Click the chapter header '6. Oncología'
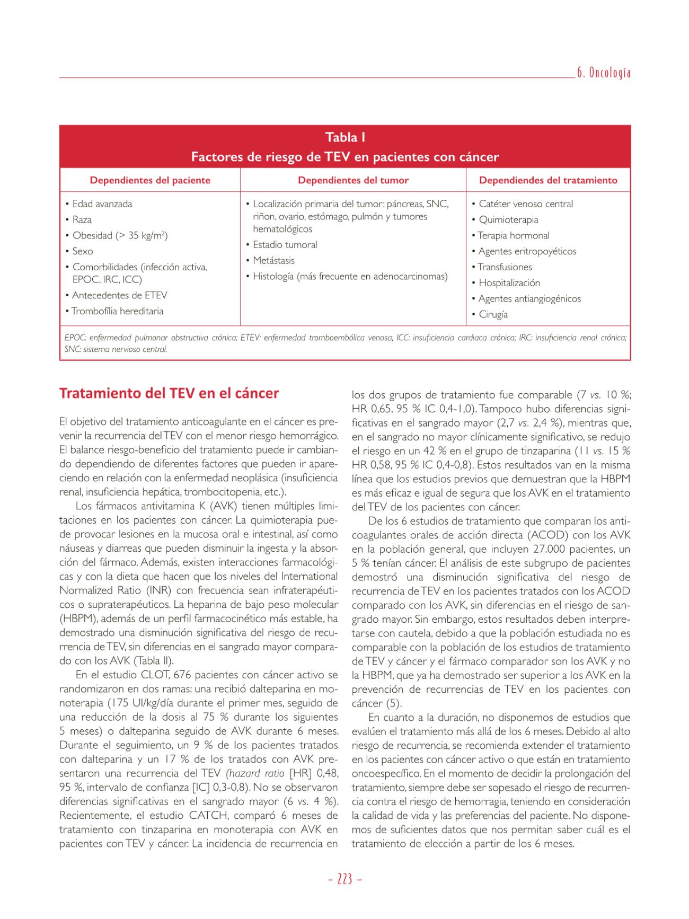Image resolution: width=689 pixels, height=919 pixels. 603,73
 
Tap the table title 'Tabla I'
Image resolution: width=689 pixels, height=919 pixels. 345,137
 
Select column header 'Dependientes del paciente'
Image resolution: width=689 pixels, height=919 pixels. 150,180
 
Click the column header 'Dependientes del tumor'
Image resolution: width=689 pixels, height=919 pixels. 353,180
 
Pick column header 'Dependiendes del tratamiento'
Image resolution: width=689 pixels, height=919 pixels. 548,180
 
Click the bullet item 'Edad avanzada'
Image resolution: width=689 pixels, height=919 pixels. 102,204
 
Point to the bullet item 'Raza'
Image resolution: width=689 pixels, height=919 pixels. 82,220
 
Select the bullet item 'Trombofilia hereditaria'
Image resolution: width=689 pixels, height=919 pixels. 118,311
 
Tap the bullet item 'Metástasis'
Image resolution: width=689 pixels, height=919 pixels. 273,261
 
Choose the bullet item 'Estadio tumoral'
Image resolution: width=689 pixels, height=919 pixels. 285,245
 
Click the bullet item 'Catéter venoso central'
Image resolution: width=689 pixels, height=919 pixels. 526,204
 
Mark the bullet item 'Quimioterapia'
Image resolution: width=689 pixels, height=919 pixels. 508,220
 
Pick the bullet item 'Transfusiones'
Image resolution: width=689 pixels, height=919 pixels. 505,267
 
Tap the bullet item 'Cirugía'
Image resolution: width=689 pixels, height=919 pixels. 493,314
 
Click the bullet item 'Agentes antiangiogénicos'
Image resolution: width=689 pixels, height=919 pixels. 529,299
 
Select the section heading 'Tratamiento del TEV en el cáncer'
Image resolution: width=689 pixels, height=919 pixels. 169,393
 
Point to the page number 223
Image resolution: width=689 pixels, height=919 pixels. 344,880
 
